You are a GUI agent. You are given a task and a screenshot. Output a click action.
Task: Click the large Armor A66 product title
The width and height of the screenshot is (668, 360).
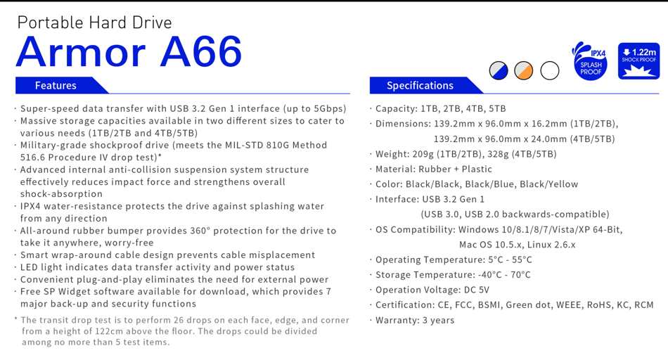[129, 51]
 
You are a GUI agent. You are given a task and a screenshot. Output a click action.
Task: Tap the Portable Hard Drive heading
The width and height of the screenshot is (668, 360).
[95, 22]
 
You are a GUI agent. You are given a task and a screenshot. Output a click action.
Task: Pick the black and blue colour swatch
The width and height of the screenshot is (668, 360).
[499, 70]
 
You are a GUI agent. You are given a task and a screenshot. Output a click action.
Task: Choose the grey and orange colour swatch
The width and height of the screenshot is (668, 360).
[524, 70]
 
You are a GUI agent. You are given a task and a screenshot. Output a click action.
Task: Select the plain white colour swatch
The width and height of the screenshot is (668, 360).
[550, 70]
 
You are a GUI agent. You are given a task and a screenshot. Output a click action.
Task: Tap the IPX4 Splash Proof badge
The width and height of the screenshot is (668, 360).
[590, 61]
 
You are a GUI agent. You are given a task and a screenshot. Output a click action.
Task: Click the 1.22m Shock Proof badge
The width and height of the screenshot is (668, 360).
[638, 61]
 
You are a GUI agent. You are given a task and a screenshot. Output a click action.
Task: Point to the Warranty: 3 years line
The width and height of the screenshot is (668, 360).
[415, 320]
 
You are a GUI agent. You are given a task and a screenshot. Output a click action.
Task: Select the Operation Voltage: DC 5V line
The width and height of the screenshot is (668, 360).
[432, 290]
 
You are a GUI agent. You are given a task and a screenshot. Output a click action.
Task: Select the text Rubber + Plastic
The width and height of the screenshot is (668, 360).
[455, 169]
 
